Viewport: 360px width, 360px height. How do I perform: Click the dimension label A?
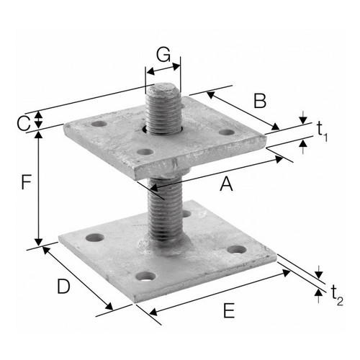226,184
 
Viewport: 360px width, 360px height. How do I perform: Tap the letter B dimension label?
260,101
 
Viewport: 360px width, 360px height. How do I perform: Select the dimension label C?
24,124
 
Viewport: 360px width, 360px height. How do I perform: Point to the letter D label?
63,287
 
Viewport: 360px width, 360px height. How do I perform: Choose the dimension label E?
229,310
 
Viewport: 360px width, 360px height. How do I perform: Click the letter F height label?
26,182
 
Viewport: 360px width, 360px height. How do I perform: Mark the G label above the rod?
163,55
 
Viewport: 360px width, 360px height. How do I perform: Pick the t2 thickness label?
337,295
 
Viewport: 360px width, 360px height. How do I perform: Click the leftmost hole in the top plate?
99,124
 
